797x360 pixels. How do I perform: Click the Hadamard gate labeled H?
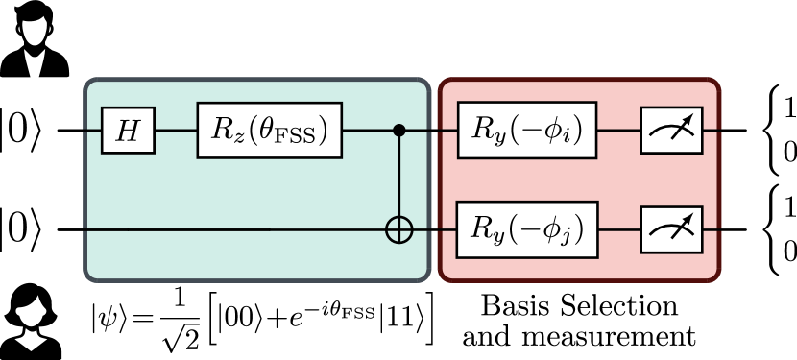[128, 131]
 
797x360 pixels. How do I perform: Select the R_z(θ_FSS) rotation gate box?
[269, 131]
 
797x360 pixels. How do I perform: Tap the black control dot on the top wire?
[398, 130]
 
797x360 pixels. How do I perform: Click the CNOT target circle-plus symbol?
[398, 230]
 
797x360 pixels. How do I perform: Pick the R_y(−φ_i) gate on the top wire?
[527, 130]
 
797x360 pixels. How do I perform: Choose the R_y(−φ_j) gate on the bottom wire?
[527, 230]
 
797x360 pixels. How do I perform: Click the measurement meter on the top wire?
[671, 130]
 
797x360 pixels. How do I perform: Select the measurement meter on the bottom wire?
[671, 230]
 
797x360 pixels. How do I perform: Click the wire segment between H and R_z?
[176, 130]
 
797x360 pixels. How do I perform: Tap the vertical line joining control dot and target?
[398, 178]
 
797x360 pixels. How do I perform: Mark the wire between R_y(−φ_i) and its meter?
[618, 130]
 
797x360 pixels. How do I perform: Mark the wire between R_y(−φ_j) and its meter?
[618, 230]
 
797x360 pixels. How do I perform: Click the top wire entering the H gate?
[93, 130]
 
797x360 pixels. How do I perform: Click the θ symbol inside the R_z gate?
[272, 130]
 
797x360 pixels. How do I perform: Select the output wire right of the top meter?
[711, 130]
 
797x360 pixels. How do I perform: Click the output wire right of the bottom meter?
[711, 230]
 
